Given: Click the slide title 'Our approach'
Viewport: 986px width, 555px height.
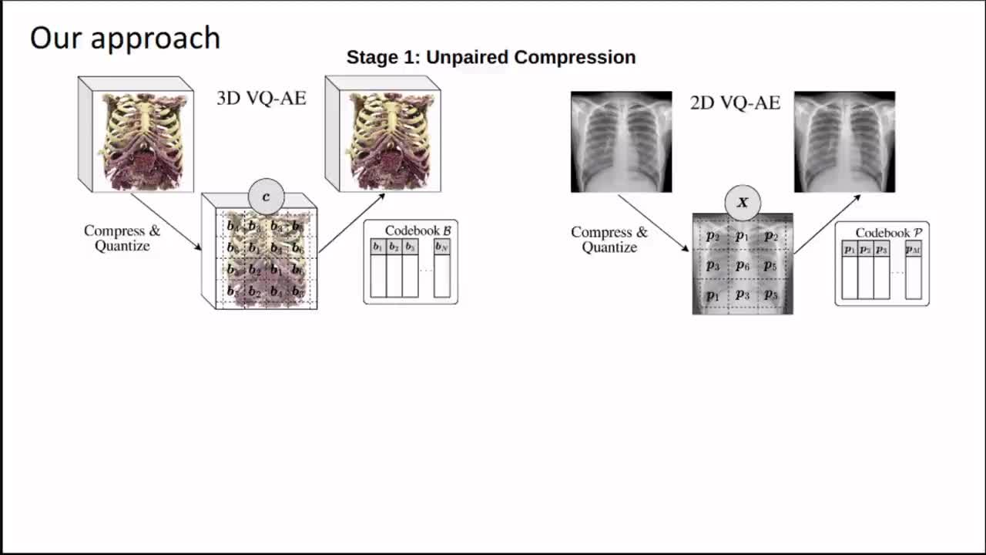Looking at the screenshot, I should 125,38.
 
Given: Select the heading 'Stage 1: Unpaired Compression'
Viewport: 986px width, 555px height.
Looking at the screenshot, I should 491,57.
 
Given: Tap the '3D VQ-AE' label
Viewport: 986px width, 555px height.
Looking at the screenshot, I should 261,99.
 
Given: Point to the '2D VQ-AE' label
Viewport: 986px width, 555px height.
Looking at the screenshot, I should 735,103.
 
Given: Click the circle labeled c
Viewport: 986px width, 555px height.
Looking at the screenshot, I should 267,197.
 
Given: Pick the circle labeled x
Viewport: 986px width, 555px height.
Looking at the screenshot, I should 743,203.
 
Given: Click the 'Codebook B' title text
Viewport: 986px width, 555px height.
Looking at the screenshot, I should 418,230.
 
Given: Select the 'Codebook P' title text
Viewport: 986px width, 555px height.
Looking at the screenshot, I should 888,233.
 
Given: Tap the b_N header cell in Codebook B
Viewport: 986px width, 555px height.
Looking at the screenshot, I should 441,247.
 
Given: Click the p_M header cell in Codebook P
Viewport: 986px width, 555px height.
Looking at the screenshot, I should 913,249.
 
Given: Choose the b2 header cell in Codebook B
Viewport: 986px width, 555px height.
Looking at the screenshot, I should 394,247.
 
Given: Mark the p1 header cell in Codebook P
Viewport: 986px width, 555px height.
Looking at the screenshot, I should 849,249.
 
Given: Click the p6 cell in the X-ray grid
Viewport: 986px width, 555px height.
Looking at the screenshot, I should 742,266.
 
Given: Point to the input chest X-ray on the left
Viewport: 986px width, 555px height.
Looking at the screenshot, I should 621,142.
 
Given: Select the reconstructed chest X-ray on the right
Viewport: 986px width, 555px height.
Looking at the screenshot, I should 844,142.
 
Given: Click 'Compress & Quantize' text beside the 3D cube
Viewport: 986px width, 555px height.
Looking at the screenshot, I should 122,238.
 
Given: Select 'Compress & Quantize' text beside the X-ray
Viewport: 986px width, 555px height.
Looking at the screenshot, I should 609,240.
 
